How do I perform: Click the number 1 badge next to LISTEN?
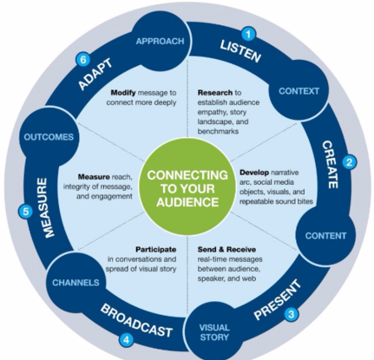coord(248,35)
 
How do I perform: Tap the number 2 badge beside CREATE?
coord(350,162)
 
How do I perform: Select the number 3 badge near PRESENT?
coord(291,314)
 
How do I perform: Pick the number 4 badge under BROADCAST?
coord(126,340)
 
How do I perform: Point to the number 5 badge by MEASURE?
coord(26,212)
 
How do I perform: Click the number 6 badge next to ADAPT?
coord(83,60)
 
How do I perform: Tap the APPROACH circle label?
coord(160,42)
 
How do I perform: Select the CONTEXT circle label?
coord(299,91)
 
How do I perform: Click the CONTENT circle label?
coord(325,236)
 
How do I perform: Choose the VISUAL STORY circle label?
coord(214,332)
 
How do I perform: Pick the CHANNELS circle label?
coord(75,283)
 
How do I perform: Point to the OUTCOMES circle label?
coord(49,137)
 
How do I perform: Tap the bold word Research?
coord(215,93)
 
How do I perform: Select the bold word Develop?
coord(254,173)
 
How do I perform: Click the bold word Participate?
coord(156,249)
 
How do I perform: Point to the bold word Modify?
coord(123,93)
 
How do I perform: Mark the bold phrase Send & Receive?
coord(226,249)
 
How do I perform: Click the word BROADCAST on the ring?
coord(136,321)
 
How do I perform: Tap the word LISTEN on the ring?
coord(240,51)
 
